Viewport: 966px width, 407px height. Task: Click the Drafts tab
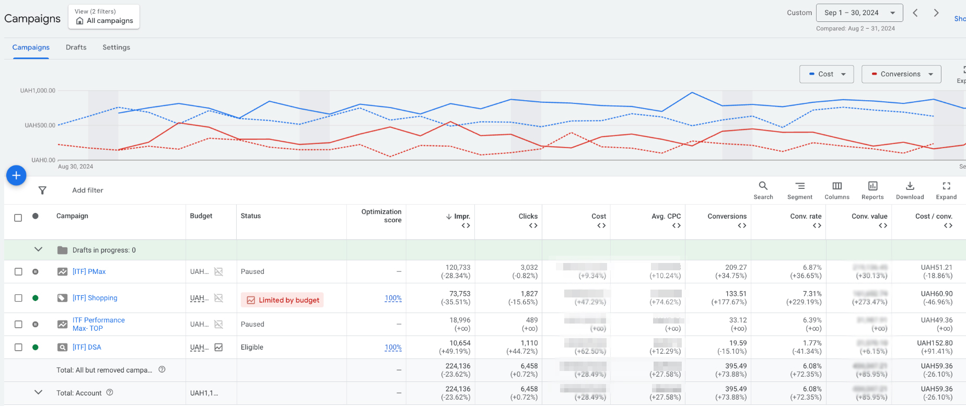(x=76, y=47)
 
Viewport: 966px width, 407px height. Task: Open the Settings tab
(x=116, y=47)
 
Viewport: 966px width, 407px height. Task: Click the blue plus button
(x=16, y=175)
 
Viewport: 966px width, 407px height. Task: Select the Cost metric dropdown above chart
(x=826, y=74)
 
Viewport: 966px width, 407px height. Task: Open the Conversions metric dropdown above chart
(x=901, y=74)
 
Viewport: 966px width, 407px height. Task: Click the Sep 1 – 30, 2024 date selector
(x=859, y=13)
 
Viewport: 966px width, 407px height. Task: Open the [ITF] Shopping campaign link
(x=95, y=298)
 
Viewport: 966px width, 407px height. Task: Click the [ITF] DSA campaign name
(x=87, y=347)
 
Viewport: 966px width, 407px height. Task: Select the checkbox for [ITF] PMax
(x=18, y=272)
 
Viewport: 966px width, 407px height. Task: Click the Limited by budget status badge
(x=282, y=300)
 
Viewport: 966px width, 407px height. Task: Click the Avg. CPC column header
(x=666, y=216)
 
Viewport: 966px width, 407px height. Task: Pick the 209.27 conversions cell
(x=736, y=267)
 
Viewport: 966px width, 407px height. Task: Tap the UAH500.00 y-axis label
(x=40, y=125)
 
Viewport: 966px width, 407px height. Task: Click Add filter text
(x=88, y=190)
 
